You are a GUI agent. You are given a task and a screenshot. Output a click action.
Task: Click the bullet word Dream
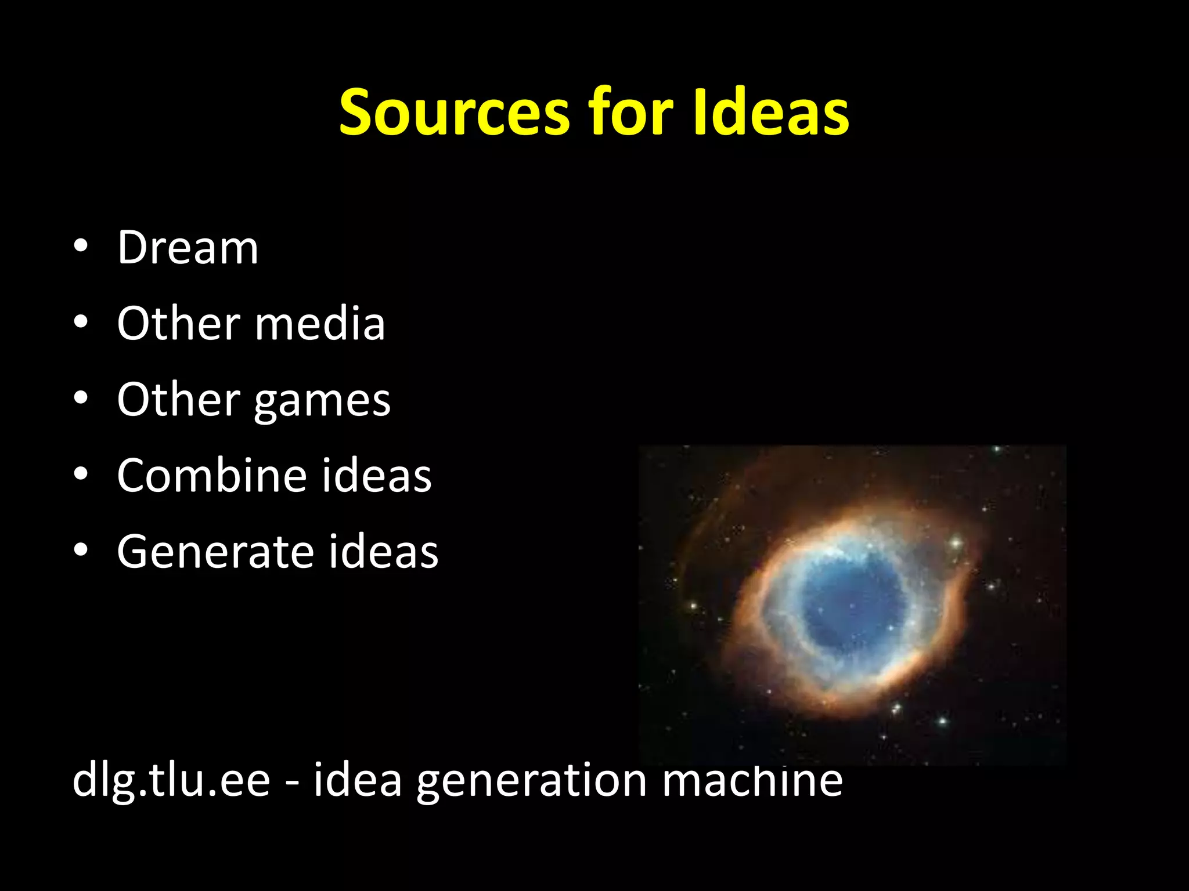coord(188,248)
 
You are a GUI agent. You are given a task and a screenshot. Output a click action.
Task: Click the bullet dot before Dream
coord(81,246)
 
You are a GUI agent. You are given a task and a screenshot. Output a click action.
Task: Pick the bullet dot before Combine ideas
coord(81,474)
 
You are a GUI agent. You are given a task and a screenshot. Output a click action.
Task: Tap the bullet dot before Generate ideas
coord(81,550)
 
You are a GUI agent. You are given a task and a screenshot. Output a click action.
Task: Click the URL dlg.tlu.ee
coord(171,781)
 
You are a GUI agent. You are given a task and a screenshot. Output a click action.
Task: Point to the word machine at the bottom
coord(752,780)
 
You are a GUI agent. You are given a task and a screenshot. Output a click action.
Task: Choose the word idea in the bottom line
coord(358,780)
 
